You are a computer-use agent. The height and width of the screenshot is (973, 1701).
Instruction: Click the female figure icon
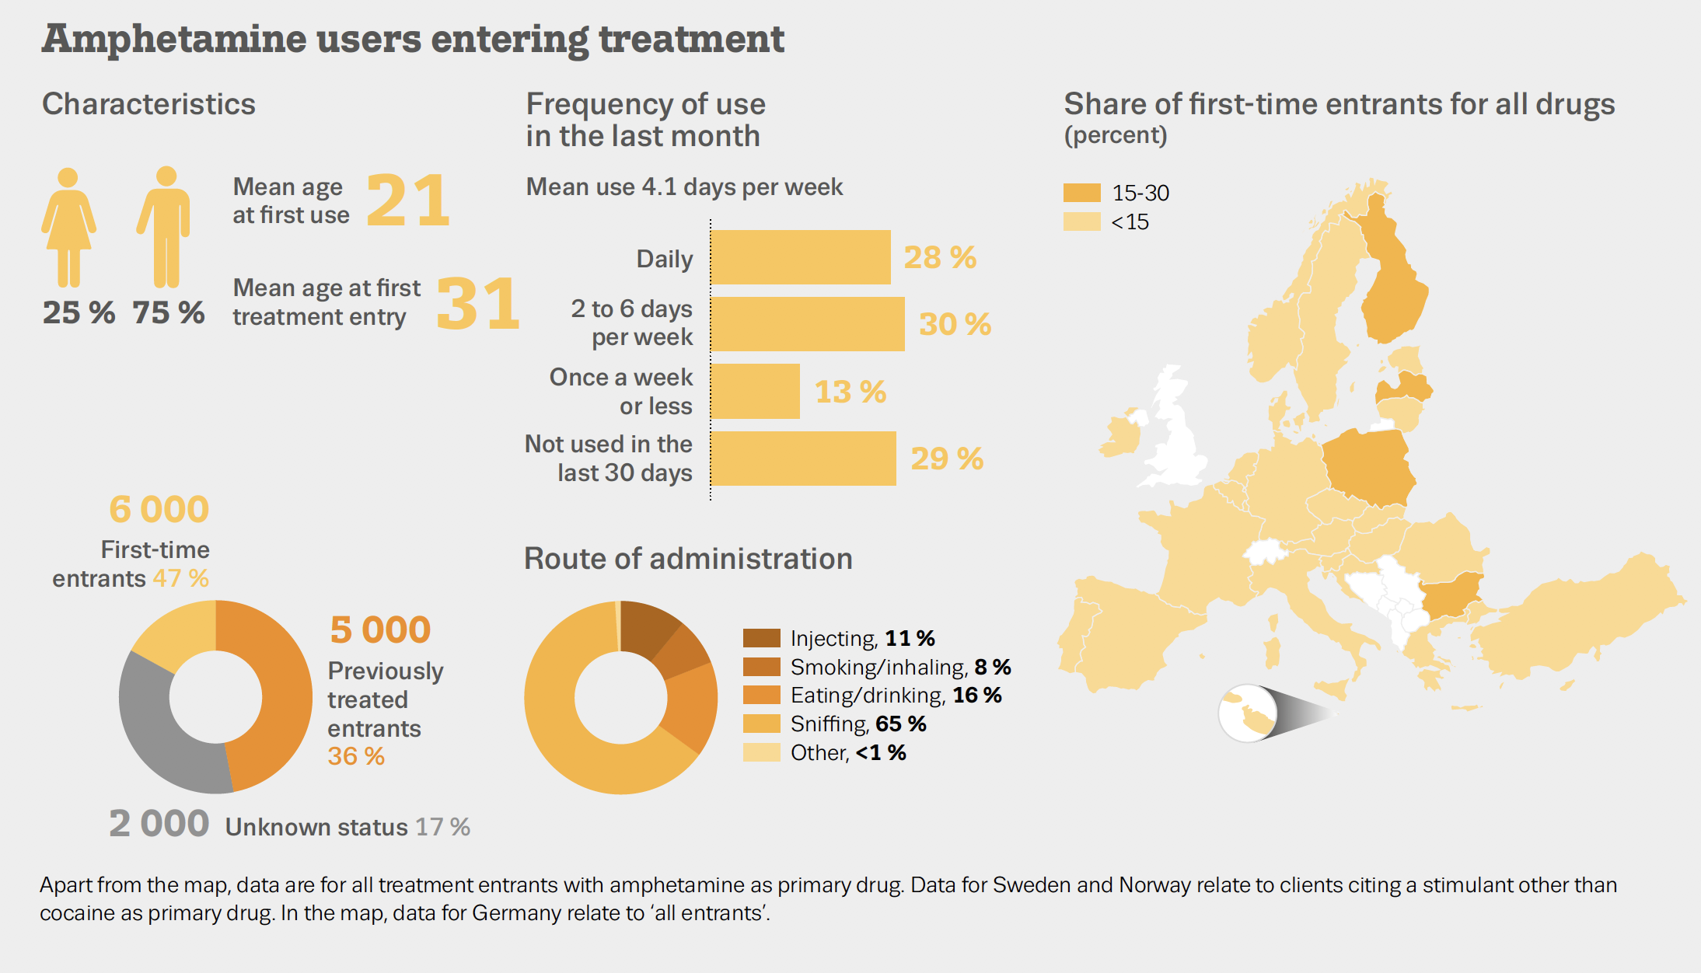pyautogui.click(x=68, y=227)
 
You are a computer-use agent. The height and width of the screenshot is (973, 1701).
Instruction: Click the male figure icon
pyautogui.click(x=165, y=227)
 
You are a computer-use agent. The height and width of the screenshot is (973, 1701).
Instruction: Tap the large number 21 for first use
pyautogui.click(x=407, y=201)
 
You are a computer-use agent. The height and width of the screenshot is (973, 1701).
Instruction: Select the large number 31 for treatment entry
pyautogui.click(x=477, y=304)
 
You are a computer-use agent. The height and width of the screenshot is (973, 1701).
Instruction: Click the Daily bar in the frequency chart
pyautogui.click(x=800, y=257)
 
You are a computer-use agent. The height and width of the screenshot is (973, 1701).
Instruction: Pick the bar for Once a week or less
pyautogui.click(x=755, y=392)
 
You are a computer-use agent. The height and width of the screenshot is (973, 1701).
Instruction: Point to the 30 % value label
pyautogui.click(x=955, y=324)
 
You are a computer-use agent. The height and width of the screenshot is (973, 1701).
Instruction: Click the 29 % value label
pyautogui.click(x=946, y=459)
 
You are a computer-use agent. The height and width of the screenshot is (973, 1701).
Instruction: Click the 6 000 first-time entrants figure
pyautogui.click(x=159, y=510)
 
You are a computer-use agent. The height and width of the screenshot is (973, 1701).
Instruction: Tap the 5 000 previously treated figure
pyautogui.click(x=380, y=629)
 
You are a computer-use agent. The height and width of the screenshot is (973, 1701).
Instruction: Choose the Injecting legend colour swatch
pyautogui.click(x=761, y=638)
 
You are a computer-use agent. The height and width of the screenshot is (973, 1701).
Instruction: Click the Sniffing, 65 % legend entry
pyautogui.click(x=857, y=724)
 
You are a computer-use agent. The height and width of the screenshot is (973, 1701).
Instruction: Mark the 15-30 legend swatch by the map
pyautogui.click(x=1081, y=192)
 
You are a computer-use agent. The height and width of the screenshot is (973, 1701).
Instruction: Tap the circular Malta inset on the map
pyautogui.click(x=1247, y=713)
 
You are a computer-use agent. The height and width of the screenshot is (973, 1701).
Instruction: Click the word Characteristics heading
pyautogui.click(x=148, y=104)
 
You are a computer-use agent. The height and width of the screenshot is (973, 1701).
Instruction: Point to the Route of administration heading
pyautogui.click(x=688, y=559)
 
